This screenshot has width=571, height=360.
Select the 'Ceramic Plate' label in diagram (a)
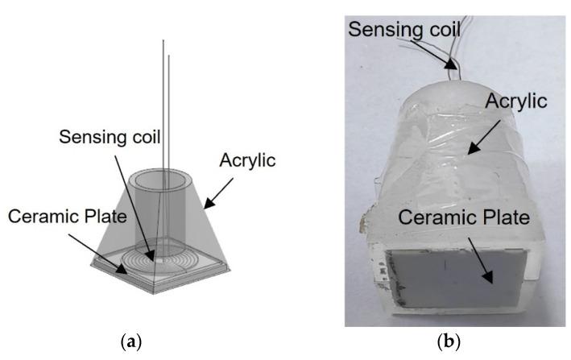tap(66, 215)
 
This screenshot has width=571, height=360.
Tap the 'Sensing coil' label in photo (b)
tap(406, 30)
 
